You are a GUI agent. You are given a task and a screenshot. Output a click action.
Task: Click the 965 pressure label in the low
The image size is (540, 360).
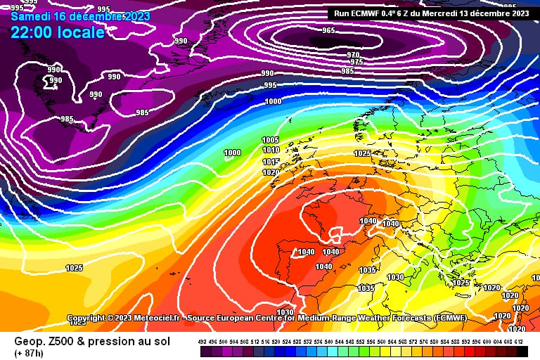click(x=328, y=30)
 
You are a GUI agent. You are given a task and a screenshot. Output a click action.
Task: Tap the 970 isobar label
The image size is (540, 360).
click(x=353, y=55)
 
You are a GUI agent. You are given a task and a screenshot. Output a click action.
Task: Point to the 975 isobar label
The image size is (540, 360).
click(x=356, y=62)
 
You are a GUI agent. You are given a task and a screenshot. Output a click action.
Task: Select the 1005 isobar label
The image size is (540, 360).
click(x=270, y=140)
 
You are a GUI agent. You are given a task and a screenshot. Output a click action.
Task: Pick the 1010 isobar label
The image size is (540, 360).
click(x=271, y=150)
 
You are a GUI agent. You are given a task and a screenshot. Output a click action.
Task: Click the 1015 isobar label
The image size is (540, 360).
click(x=271, y=162)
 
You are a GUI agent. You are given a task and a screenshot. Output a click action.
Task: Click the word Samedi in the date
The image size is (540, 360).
click(x=30, y=15)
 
